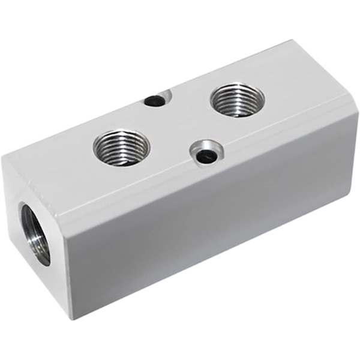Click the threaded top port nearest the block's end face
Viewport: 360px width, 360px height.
click(x=121, y=146)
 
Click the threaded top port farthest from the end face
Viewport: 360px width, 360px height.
click(x=238, y=100)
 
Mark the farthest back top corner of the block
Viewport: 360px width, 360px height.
click(x=292, y=41)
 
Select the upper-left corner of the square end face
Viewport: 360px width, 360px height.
click(x=3, y=157)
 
